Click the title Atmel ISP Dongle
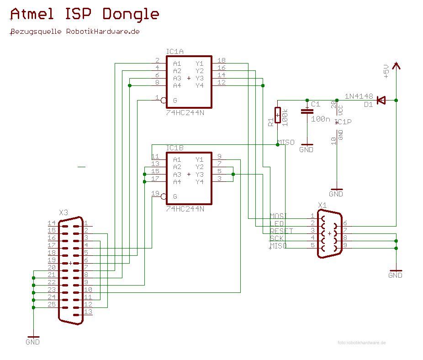(85, 14)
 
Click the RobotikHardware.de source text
(74, 32)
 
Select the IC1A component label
(175, 51)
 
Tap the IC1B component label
(175, 148)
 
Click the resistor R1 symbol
(277, 115)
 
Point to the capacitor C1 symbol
(307, 111)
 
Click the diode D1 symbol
(381, 100)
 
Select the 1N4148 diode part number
(359, 96)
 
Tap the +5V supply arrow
(396, 66)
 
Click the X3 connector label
(63, 213)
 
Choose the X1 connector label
(323, 205)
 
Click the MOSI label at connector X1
(279, 216)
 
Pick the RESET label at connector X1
(281, 231)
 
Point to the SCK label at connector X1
(276, 238)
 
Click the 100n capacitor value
(320, 119)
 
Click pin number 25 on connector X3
(52, 304)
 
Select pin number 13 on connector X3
(88, 312)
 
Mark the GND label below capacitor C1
(306, 149)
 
